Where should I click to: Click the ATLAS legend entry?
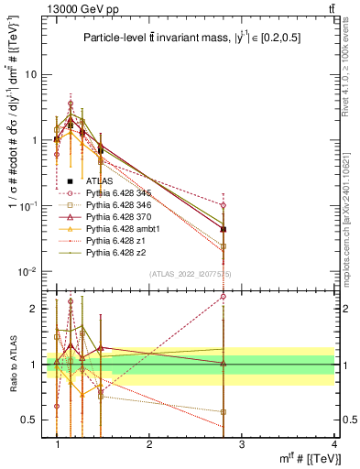coord(99,181)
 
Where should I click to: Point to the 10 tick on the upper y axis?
coord(33,75)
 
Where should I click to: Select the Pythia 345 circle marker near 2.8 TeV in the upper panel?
coord(224,205)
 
